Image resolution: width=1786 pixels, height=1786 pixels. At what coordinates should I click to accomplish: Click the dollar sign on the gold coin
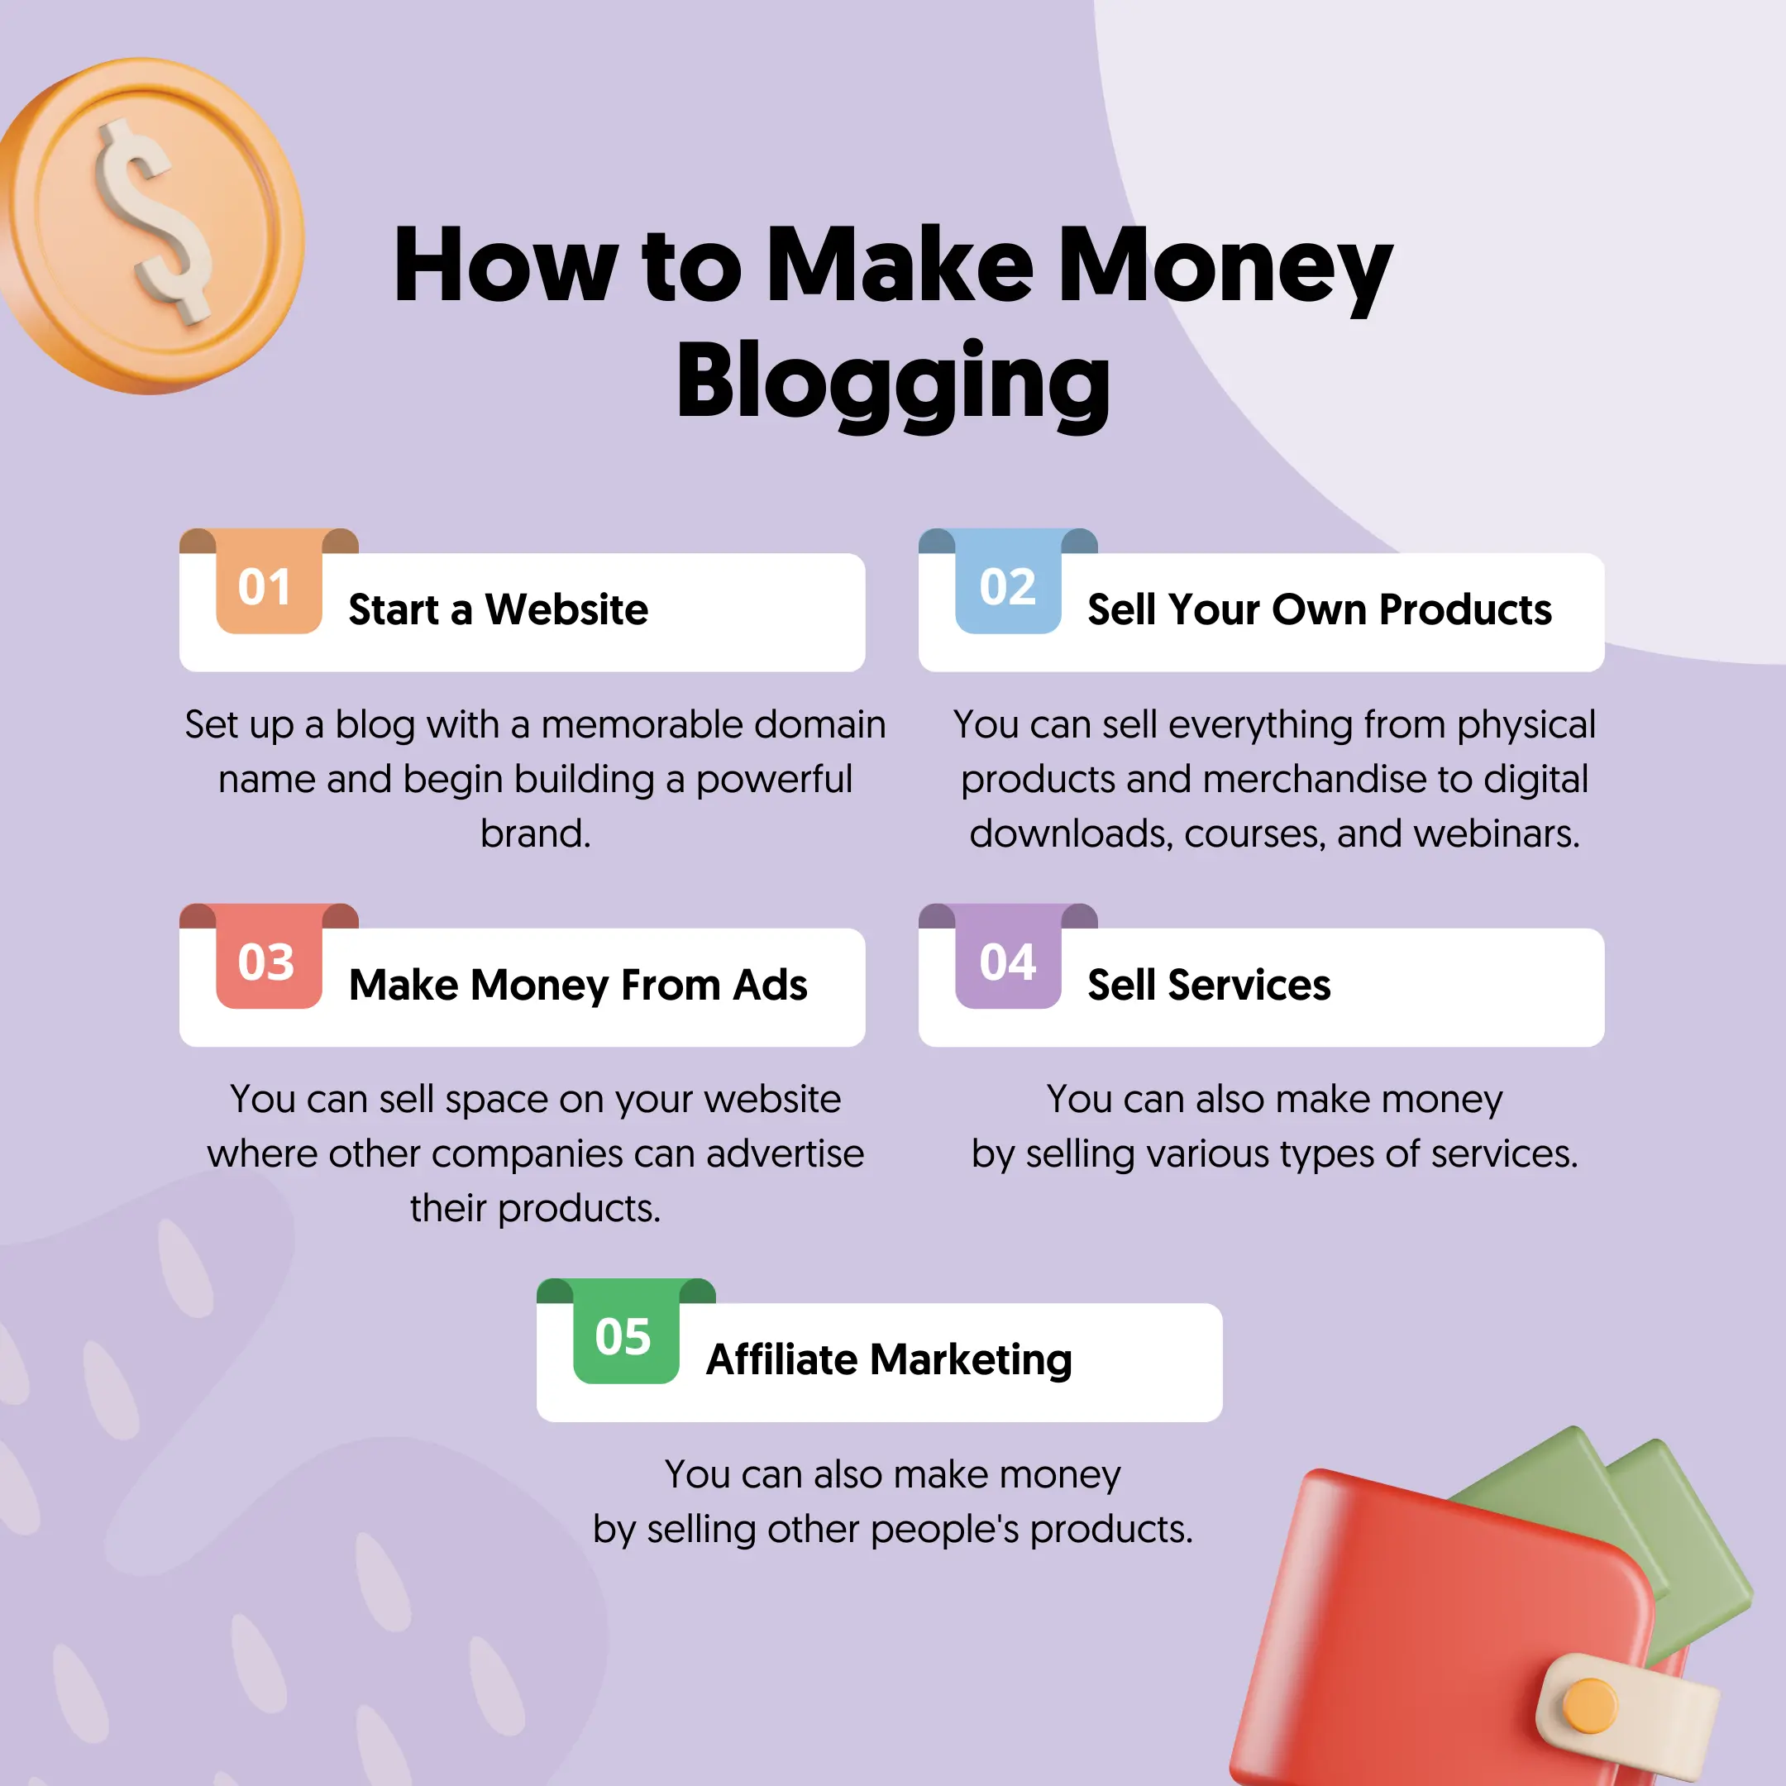pos(155,222)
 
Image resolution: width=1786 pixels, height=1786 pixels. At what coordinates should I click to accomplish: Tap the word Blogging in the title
pos(893,383)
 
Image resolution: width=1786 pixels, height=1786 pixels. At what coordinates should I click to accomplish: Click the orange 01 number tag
pos(269,581)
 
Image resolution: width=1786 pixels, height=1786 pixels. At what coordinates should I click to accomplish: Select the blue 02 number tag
pos(1008,581)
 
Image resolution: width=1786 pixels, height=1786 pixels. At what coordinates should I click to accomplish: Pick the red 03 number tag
pos(269,956)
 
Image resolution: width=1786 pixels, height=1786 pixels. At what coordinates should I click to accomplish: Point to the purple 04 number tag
pos(1008,956)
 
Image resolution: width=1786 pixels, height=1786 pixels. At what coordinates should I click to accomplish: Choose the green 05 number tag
pos(626,1331)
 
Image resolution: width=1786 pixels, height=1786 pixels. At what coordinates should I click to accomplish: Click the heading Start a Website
pos(499,610)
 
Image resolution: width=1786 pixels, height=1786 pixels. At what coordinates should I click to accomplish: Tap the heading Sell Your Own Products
pos(1319,610)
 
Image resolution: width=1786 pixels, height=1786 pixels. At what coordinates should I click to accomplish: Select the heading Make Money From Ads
pos(578,986)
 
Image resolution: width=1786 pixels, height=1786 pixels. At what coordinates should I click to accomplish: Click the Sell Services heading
pos(1209,986)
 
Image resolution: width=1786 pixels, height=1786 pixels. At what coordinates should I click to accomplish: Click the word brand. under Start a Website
pos(535,833)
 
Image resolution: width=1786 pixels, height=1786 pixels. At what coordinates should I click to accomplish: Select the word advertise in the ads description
pos(785,1153)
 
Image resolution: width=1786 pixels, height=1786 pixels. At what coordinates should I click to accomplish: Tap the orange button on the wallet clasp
pos(1589,1706)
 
